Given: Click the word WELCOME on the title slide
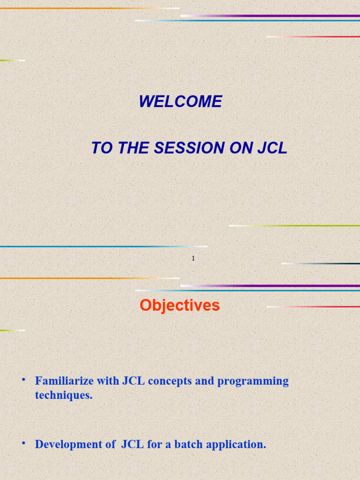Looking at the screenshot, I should (180, 102).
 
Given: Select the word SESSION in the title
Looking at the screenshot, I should (189, 148).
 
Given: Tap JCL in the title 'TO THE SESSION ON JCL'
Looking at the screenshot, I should (272, 148).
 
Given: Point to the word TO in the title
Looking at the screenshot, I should (100, 148).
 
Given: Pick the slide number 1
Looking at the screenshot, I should (193, 258).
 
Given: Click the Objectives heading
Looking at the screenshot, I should (180, 306).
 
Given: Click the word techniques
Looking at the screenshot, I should (63, 395).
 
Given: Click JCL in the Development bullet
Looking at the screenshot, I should (132, 444).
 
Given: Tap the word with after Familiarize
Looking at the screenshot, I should (108, 381).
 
